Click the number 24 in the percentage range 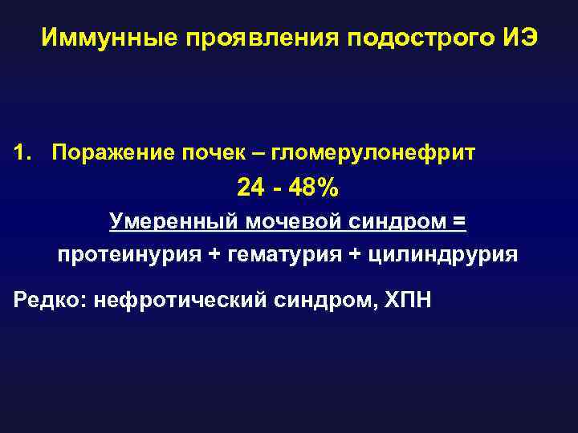[x=249, y=188]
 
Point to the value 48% [x=316, y=188]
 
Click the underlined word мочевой [x=293, y=221]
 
